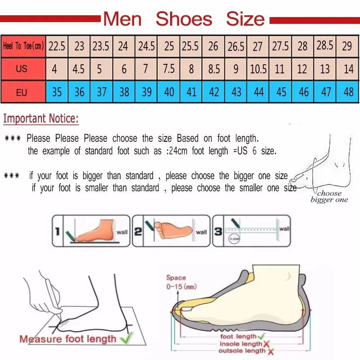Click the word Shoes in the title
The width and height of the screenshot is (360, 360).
[x=184, y=19]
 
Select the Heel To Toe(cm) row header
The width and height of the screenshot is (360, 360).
[x=23, y=46]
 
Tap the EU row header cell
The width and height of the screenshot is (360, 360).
[x=22, y=93]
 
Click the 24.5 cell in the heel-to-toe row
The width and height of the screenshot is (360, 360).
[x=146, y=46]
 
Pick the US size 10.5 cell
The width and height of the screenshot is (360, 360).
[x=258, y=70]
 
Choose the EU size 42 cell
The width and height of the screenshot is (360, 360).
[x=214, y=92]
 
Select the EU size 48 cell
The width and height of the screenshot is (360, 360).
[x=348, y=92]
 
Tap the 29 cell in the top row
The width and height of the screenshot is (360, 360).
[x=347, y=46]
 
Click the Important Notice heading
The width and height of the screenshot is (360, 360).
[x=41, y=119]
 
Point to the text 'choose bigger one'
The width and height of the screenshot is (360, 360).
[x=329, y=197]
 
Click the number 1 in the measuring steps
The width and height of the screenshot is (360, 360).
[x=57, y=232]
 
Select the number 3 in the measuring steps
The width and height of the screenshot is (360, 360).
[x=217, y=232]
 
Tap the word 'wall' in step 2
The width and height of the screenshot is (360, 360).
[x=201, y=232]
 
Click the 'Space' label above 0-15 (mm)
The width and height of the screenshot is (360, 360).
[x=175, y=278]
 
